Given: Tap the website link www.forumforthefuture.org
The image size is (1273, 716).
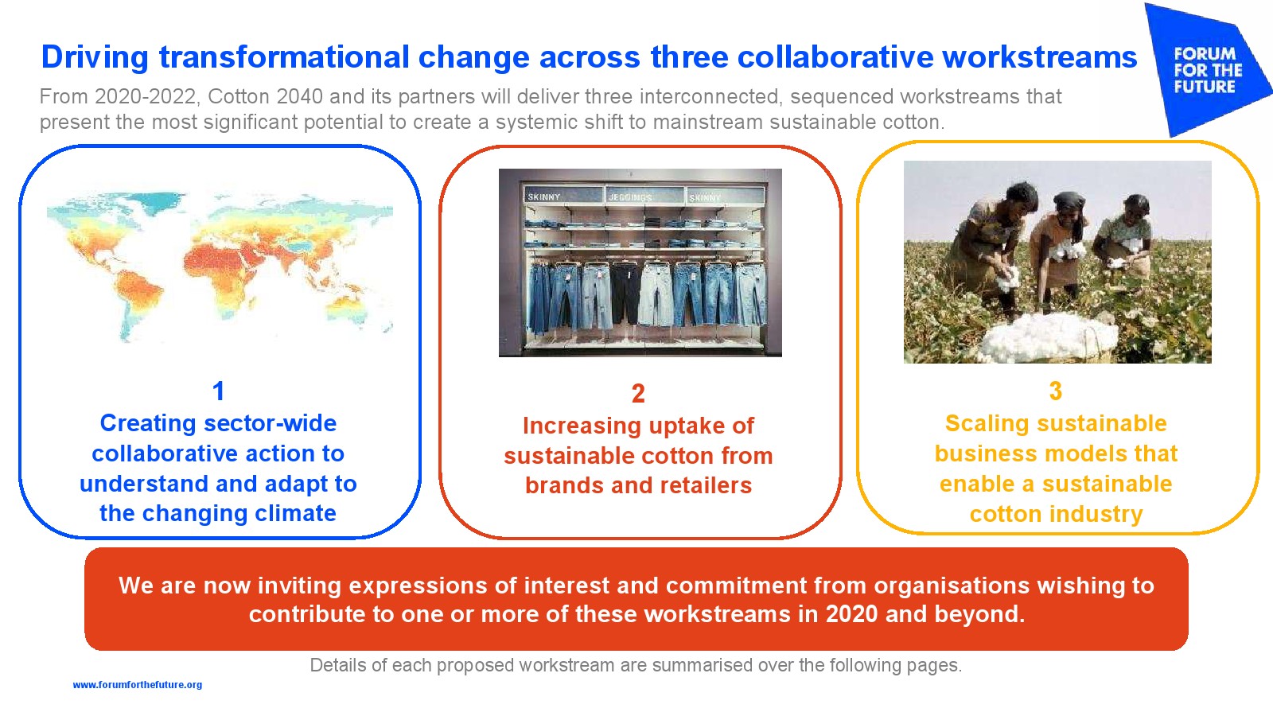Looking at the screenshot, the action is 138,685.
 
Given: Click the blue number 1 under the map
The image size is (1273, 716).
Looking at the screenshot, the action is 218,391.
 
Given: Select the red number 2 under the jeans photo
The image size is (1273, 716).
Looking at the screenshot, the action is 638,393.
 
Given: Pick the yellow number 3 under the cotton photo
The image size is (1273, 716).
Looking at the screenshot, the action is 1055,391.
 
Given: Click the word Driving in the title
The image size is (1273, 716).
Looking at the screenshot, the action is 95,58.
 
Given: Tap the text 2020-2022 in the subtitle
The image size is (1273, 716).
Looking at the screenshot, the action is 146,96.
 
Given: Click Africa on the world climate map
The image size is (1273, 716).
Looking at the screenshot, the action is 228,273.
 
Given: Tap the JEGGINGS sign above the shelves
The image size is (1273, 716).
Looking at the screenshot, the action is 630,197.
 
